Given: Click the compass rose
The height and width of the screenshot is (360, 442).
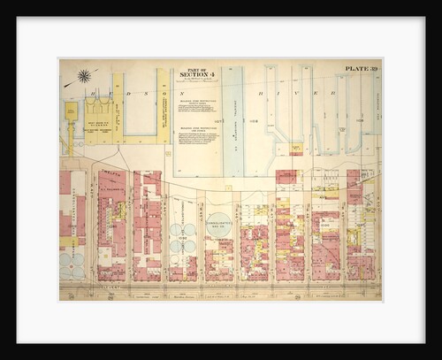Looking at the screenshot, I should coord(84,76).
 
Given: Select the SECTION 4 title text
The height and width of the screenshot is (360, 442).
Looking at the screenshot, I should coord(195,74).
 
